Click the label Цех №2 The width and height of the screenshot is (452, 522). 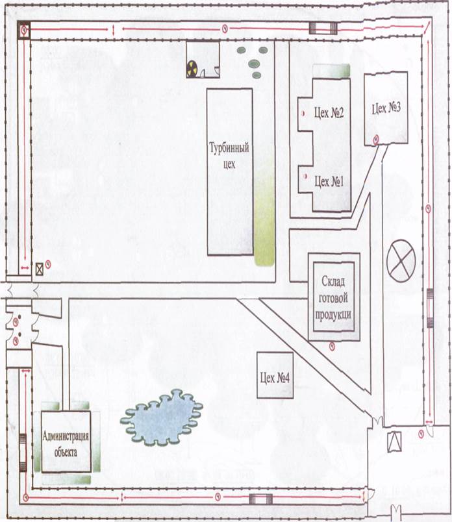(329, 113)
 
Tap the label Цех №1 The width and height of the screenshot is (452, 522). (329, 181)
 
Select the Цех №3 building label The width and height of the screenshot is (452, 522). (386, 108)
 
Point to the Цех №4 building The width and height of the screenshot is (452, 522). (275, 375)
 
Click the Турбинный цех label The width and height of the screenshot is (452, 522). (229, 155)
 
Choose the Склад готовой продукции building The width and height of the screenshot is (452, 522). (334, 297)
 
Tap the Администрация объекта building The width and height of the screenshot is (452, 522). (66, 441)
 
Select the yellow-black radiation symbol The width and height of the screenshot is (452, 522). (192, 69)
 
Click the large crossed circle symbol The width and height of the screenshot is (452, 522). (401, 261)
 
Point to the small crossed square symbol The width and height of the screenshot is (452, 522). (40, 269)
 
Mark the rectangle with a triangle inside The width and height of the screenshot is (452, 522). (395, 441)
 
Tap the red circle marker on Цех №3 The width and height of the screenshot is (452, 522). (377, 140)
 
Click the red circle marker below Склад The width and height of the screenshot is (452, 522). (332, 347)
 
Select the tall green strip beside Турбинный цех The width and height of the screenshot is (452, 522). (264, 212)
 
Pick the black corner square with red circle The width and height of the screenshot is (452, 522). (24, 30)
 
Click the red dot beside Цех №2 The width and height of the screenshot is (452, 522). (303, 114)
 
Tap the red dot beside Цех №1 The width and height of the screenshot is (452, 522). (305, 177)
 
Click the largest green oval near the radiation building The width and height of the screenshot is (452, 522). (254, 63)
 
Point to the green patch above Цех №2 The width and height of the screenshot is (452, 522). (331, 71)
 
